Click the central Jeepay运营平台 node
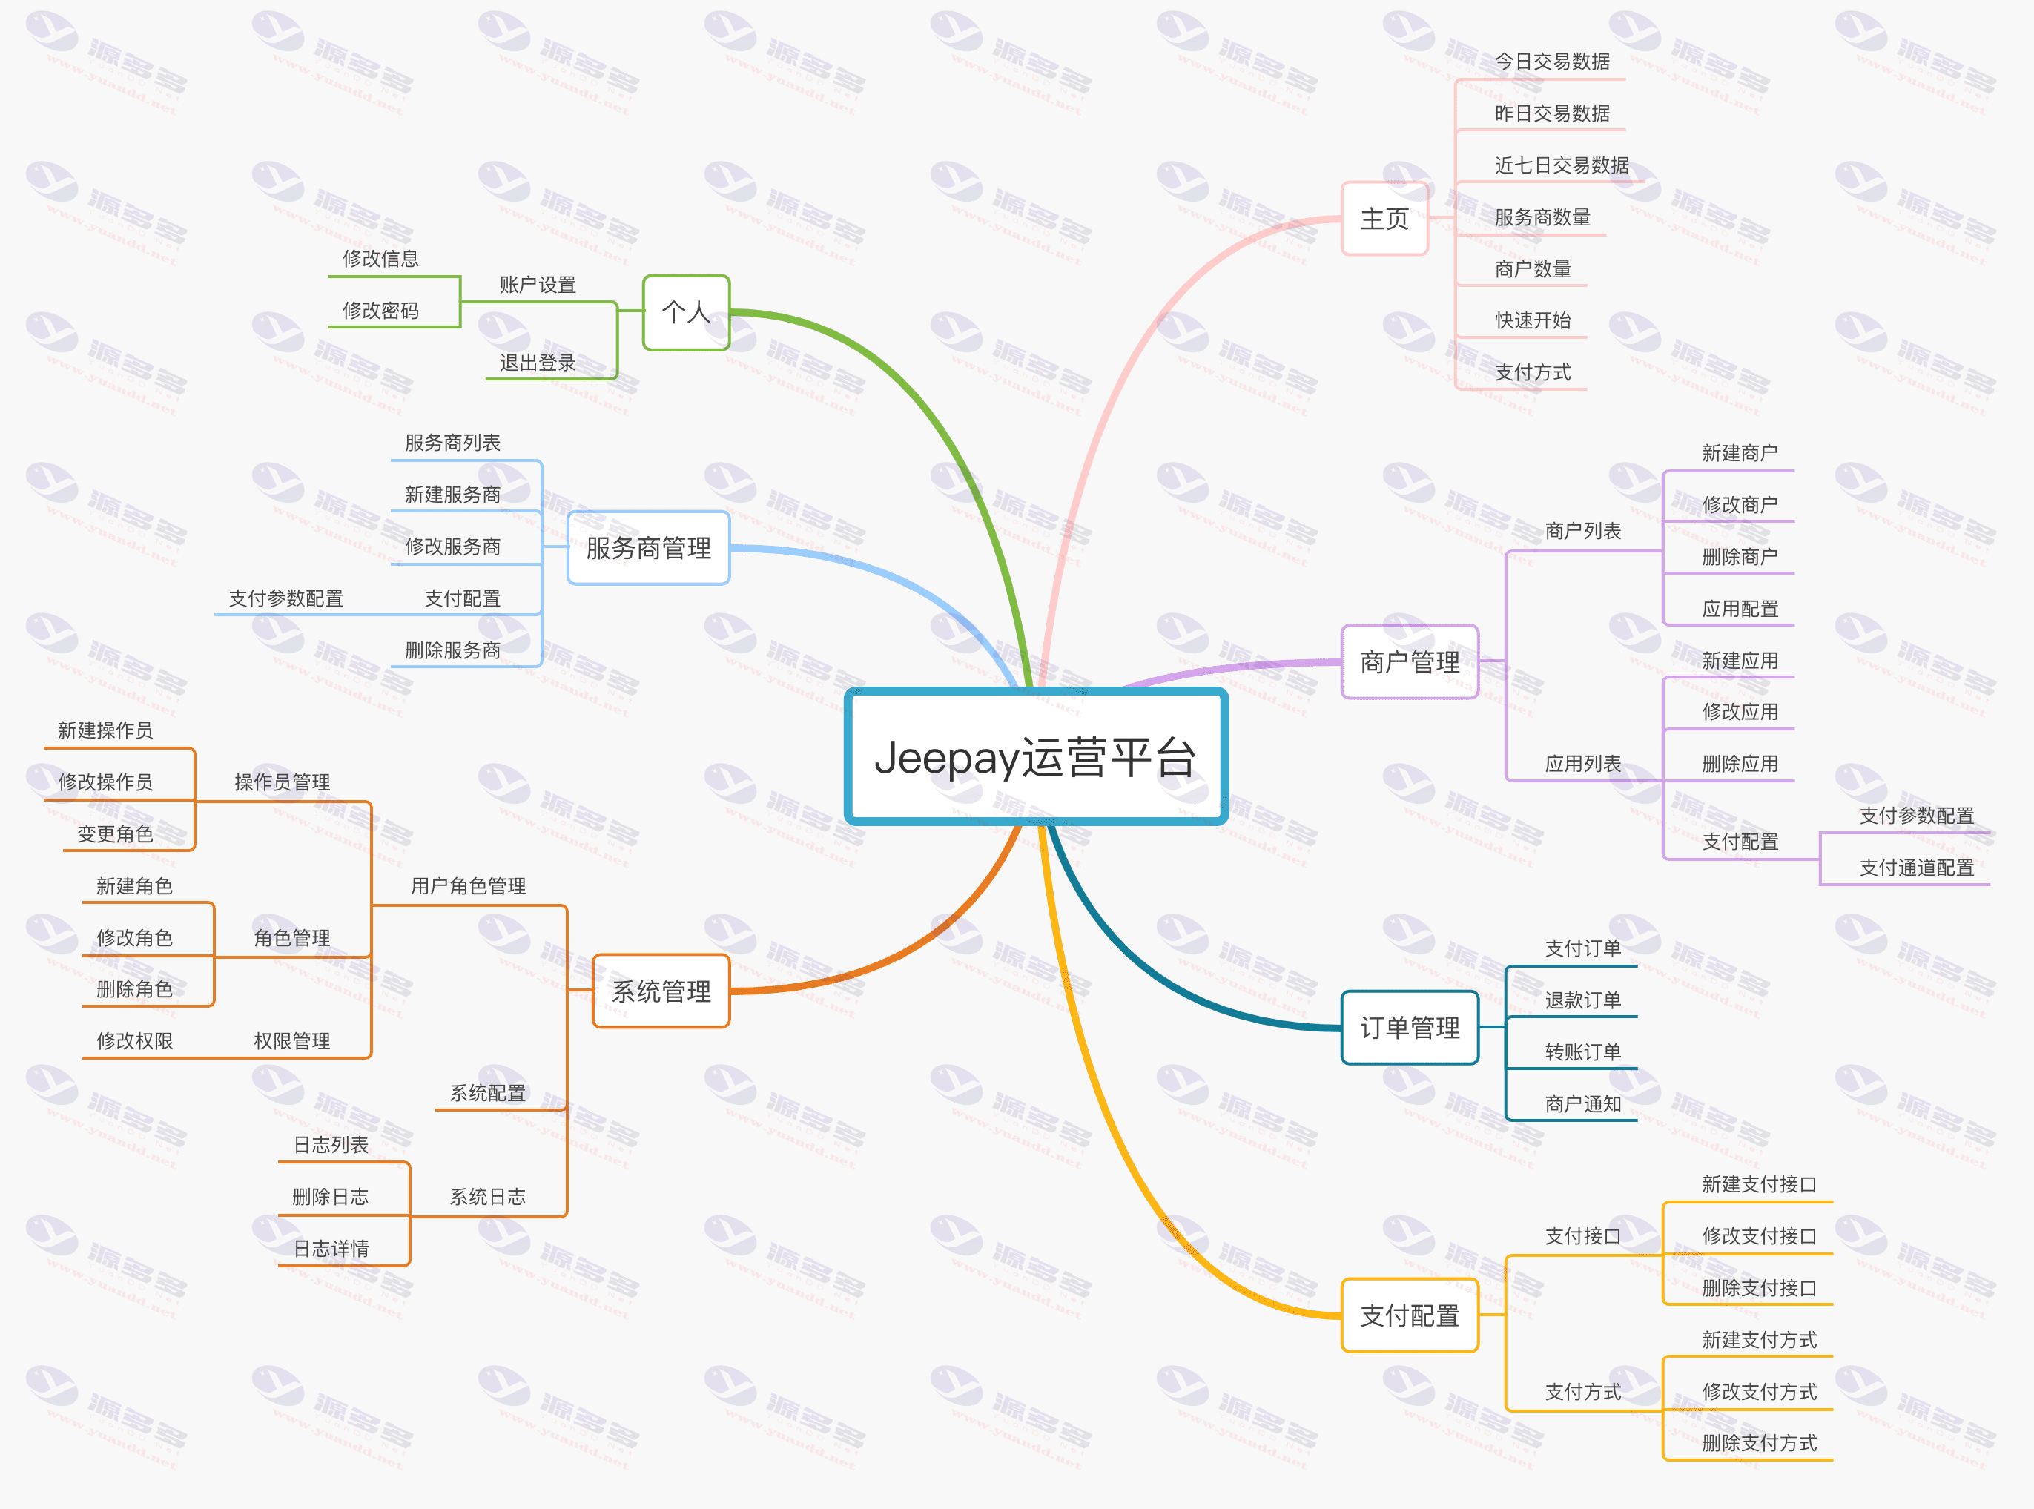tap(1036, 756)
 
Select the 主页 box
tap(1384, 219)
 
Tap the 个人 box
tap(686, 312)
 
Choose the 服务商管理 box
tap(649, 548)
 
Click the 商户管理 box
tap(1410, 662)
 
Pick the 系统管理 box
tap(661, 991)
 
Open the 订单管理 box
tap(1410, 1028)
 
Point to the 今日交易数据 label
tap(1552, 62)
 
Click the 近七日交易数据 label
tap(1562, 165)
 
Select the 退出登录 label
tap(538, 363)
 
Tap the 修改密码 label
tap(381, 311)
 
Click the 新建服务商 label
tap(453, 494)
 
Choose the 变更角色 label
tap(115, 834)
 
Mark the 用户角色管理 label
tap(469, 886)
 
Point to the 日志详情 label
tap(331, 1249)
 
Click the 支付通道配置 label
tap(1917, 868)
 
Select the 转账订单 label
tap(1583, 1052)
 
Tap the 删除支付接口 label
tap(1759, 1288)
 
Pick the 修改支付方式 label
tap(1759, 1392)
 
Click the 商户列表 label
tap(1583, 531)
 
